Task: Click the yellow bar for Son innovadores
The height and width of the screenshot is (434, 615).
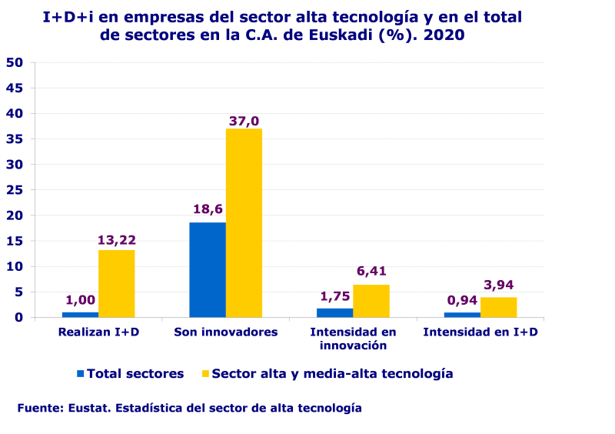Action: (x=244, y=222)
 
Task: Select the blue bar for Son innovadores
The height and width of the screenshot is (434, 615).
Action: (x=208, y=269)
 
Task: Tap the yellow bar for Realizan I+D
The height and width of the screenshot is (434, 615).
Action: (x=116, y=283)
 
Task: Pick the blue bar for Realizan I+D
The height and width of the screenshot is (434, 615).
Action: (x=80, y=314)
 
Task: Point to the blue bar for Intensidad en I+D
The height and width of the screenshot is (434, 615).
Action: (x=462, y=314)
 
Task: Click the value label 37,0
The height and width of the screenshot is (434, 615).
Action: (x=244, y=121)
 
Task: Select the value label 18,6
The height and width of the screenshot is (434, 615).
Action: (x=208, y=209)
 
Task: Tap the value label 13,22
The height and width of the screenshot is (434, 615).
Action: (x=117, y=240)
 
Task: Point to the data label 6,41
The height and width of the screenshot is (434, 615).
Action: (x=372, y=271)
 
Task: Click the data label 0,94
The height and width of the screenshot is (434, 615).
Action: (x=462, y=300)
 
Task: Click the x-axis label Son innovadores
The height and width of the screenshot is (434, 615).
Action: (x=225, y=332)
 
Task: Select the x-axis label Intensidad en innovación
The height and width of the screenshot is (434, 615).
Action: (x=353, y=339)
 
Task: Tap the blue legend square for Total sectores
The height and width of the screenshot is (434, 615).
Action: (x=80, y=374)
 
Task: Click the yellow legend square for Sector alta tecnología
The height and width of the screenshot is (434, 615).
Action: (x=204, y=374)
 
